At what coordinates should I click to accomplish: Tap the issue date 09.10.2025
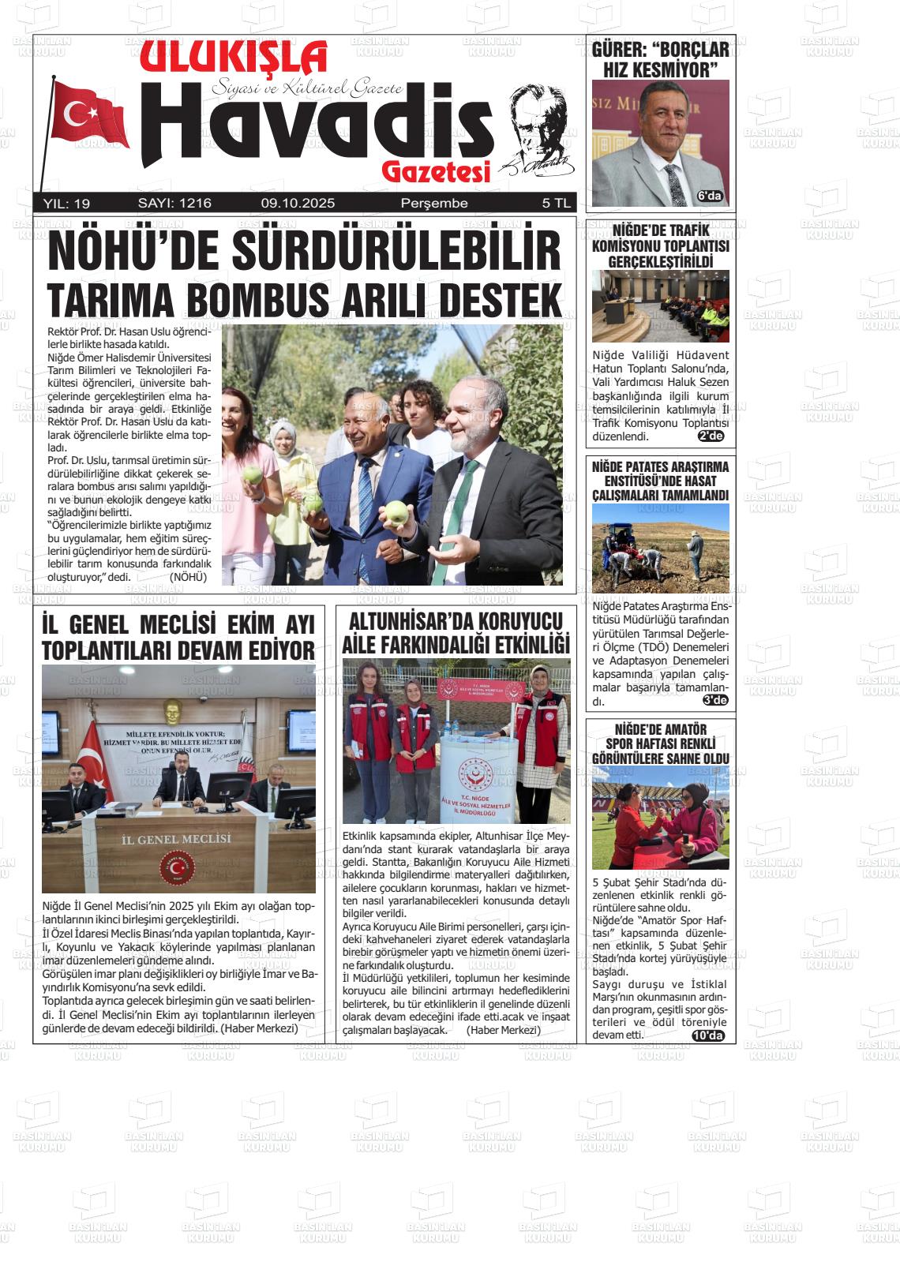298,204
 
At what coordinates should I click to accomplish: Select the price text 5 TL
556,204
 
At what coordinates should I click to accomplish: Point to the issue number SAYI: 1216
174,204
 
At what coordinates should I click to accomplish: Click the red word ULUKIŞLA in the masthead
234,58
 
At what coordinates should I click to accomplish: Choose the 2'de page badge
711,436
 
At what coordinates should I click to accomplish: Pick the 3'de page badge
714,700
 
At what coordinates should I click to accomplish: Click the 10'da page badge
707,1035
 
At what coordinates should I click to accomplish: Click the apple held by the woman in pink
253,474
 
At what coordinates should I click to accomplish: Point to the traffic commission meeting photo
660,306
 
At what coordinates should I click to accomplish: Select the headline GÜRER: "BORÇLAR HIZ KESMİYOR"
660,60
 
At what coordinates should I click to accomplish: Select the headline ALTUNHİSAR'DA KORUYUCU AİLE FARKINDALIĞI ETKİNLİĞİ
456,633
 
